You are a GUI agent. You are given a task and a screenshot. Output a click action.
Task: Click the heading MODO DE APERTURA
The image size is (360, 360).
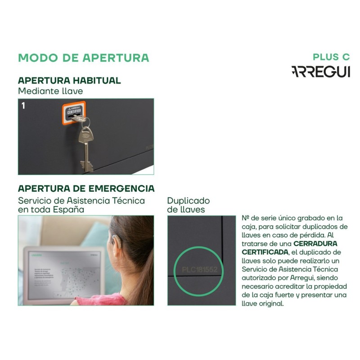click(83, 58)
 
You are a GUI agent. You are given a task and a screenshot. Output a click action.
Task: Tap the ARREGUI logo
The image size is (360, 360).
click(320, 72)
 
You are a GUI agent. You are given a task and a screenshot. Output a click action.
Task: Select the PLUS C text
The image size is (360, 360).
click(331, 57)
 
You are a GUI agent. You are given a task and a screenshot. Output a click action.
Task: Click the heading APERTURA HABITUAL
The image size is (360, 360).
click(69, 81)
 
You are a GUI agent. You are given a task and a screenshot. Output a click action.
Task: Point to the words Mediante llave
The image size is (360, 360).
click(50, 91)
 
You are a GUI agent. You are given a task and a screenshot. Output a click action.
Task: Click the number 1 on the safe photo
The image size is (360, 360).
click(23, 106)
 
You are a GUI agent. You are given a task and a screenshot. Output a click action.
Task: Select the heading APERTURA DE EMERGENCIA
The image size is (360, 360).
click(86, 188)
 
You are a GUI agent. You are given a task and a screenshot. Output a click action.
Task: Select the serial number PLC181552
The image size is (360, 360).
click(199, 270)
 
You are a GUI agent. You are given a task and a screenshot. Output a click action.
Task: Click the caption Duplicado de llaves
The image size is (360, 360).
click(188, 205)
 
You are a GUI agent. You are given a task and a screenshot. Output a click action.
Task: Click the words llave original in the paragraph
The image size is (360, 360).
click(262, 303)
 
